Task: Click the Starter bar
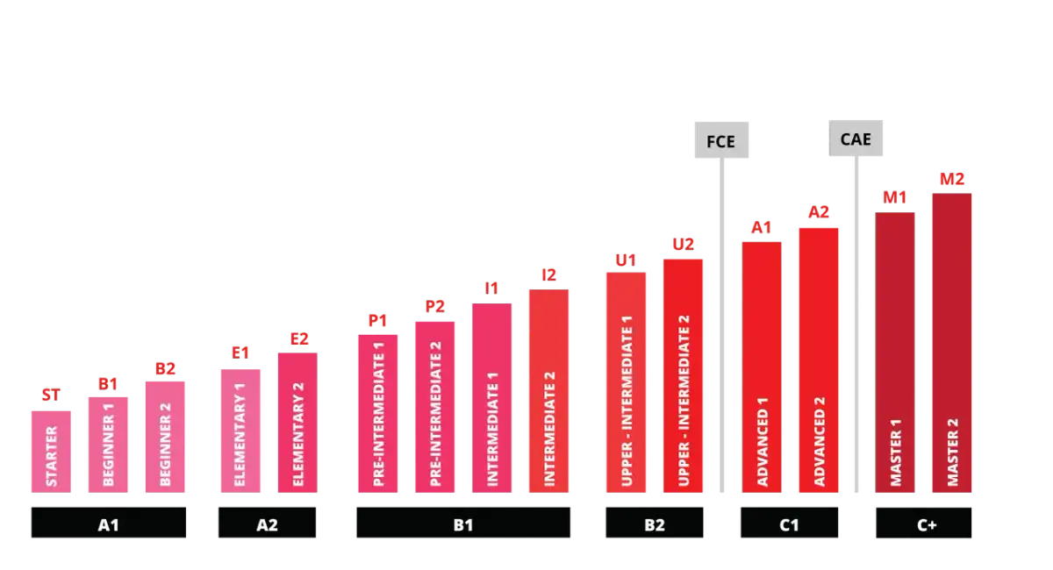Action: coord(51,452)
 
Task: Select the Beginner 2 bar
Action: coord(165,437)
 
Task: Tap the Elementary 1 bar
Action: coord(240,431)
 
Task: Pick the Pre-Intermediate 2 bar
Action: coord(435,407)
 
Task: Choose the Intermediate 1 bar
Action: coord(491,398)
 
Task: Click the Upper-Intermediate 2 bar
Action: coord(683,376)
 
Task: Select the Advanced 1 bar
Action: coord(762,367)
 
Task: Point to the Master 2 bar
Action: coord(952,343)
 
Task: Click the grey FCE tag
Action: coord(721,140)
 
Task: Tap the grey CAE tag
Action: coord(856,139)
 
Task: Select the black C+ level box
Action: coord(924,523)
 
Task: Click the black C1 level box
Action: coord(789,523)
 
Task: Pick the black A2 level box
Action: coord(267,523)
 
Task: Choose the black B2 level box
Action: coord(655,523)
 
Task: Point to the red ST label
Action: coord(51,395)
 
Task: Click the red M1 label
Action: coord(894,197)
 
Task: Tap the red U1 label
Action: coord(626,260)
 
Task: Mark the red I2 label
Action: coord(548,274)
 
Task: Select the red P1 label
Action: coord(377,320)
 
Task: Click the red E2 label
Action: coord(299,338)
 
